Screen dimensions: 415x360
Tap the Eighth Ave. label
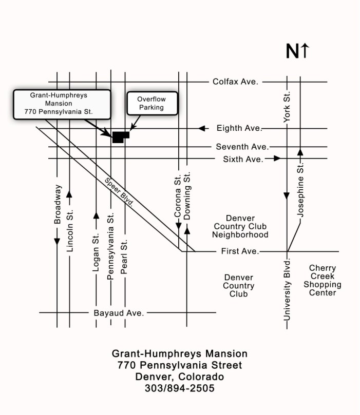239,128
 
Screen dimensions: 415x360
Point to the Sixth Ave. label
243,159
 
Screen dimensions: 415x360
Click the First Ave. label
240,251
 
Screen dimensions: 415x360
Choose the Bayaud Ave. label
118,312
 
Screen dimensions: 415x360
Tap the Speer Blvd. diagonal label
119,192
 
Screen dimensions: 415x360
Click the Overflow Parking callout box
150,104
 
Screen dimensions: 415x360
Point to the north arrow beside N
305,51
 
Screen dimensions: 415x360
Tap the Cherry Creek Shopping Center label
323,280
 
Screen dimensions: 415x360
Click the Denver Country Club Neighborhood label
241,227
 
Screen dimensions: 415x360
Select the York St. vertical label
287,108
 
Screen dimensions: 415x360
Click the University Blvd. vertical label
287,290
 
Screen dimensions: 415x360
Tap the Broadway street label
58,204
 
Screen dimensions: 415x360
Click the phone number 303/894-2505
180,388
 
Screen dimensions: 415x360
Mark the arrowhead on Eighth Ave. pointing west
203,128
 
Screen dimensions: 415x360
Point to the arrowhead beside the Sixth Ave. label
277,159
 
